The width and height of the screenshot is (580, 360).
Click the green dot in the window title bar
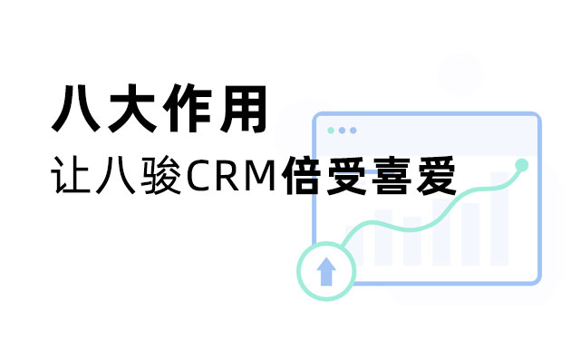pyautogui.click(x=331, y=130)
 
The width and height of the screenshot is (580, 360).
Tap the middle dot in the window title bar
pyautogui.click(x=342, y=130)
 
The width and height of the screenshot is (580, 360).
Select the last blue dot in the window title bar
pyautogui.click(x=353, y=130)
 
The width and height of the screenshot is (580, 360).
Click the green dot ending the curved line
pyautogui.click(x=521, y=165)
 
